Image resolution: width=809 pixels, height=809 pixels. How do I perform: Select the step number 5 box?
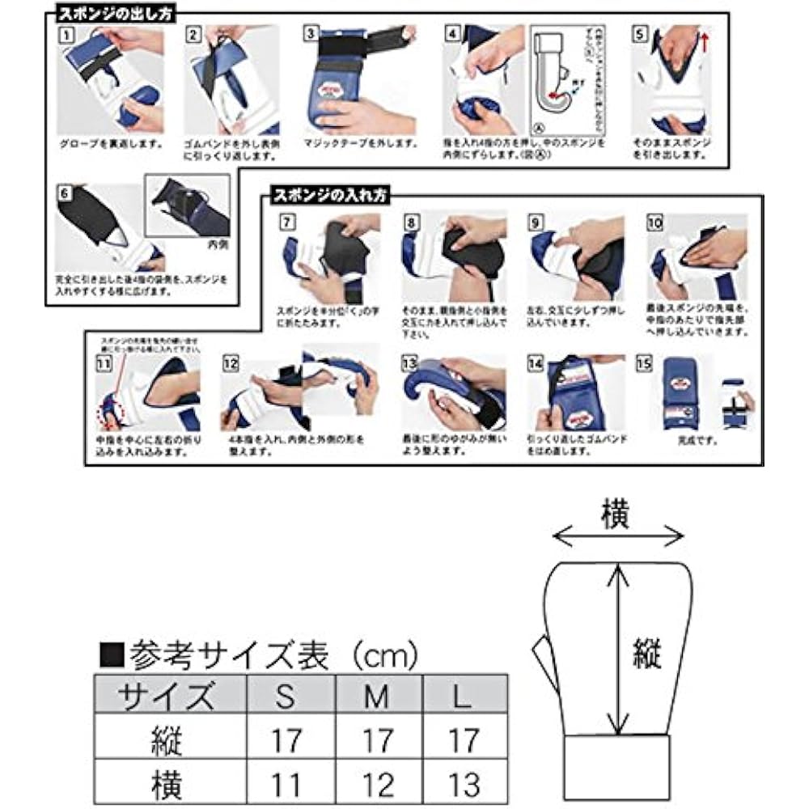640,35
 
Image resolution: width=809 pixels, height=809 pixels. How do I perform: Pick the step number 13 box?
409,363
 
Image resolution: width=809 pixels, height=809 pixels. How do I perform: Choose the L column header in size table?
462,696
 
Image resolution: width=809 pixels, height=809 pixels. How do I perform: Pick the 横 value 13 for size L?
462,783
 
